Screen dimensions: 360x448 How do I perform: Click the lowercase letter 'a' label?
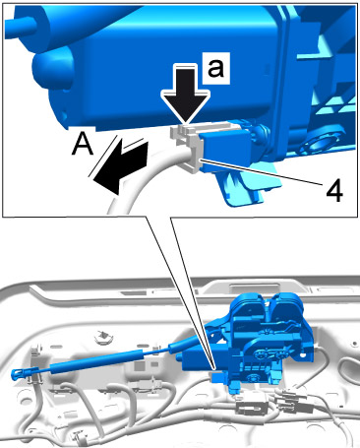[215, 69]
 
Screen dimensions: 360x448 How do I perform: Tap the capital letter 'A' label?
[83, 145]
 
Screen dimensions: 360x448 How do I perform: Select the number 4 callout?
[334, 191]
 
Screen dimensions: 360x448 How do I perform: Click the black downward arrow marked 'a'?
[186, 94]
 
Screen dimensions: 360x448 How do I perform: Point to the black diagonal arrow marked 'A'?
[120, 165]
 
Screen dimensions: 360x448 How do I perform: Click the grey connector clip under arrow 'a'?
[186, 146]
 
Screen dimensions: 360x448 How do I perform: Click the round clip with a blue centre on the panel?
[103, 337]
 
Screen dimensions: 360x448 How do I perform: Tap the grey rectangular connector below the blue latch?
[250, 407]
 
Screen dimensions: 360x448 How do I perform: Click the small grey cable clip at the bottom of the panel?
[79, 436]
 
